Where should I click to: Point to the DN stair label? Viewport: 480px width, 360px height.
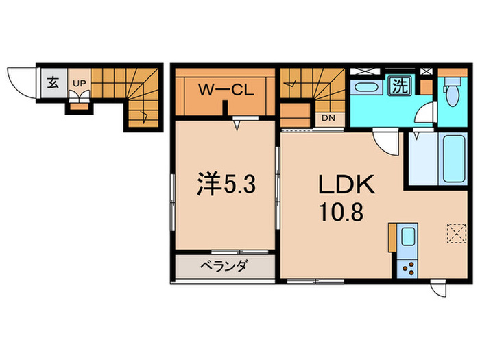pos(328,117)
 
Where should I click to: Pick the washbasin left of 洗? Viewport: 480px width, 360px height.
pos(365,87)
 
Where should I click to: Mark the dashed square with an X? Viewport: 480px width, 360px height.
pos(454,232)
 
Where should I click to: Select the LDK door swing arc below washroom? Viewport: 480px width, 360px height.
pos(386,142)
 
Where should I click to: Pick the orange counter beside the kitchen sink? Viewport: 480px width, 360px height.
pos(392,238)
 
